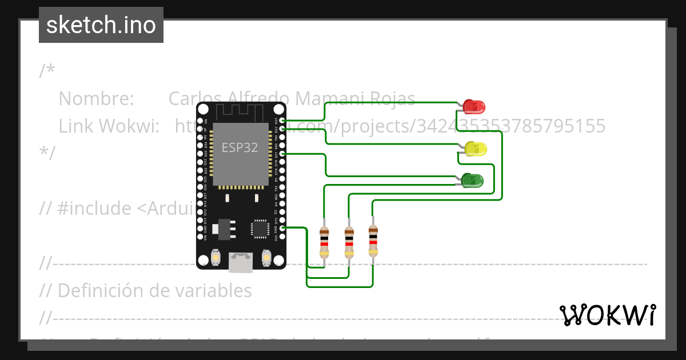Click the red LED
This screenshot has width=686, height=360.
[474, 106]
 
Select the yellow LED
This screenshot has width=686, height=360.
[476, 149]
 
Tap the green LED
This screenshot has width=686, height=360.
[472, 180]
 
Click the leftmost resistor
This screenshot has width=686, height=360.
[324, 241]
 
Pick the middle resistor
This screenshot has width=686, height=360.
[349, 241]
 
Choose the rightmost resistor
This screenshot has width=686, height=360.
[373, 241]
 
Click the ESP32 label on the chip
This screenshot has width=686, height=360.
[240, 147]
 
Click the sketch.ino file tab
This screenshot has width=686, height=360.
[101, 25]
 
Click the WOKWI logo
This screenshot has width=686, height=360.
[607, 315]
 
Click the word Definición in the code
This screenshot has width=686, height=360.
[95, 290]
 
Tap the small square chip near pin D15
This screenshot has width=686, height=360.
[260, 228]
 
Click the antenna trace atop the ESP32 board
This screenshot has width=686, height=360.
[240, 111]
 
